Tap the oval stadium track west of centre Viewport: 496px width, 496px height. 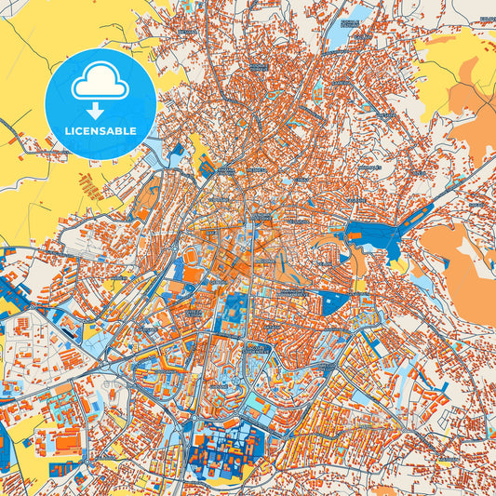click(x=190, y=255)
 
